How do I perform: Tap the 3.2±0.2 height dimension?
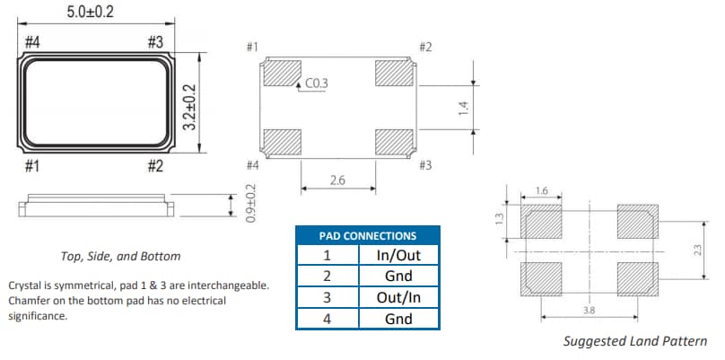coord(189,108)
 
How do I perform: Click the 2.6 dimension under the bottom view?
coord(337,180)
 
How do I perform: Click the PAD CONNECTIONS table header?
coord(368,235)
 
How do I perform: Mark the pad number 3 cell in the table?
coord(327,297)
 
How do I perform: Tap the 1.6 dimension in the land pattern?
coord(541,190)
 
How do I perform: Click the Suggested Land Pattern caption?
coord(634,341)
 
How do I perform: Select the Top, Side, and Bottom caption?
coord(119,256)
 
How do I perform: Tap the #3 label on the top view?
coord(154,42)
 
